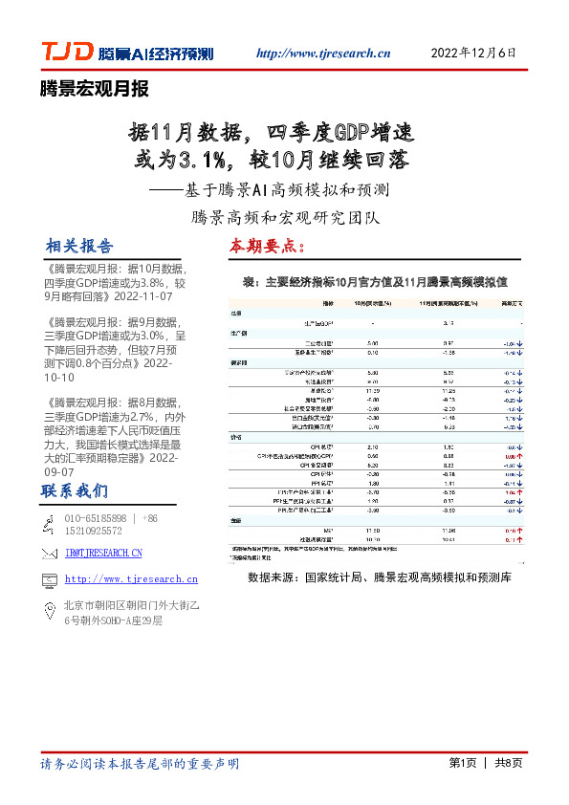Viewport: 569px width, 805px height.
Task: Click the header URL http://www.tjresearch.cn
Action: click(x=325, y=54)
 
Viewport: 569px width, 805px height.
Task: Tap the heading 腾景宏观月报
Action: click(x=94, y=90)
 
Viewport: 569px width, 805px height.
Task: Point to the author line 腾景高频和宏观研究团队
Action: click(x=285, y=216)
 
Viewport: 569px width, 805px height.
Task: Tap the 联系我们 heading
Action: click(x=74, y=491)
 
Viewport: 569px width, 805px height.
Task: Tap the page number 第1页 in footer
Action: click(x=462, y=763)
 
